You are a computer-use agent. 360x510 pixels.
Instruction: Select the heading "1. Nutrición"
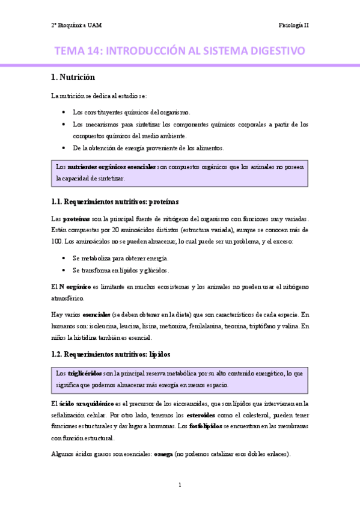pyautogui.click(x=73, y=77)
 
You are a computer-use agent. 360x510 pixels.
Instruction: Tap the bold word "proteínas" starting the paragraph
pyautogui.click(x=76, y=219)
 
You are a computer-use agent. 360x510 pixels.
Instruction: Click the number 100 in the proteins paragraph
pyautogui.click(x=56, y=241)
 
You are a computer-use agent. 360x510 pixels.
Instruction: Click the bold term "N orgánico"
pyautogui.click(x=74, y=287)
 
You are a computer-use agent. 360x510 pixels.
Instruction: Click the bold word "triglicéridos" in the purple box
pyautogui.click(x=84, y=373)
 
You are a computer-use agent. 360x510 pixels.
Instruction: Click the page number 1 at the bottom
pyautogui.click(x=180, y=484)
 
